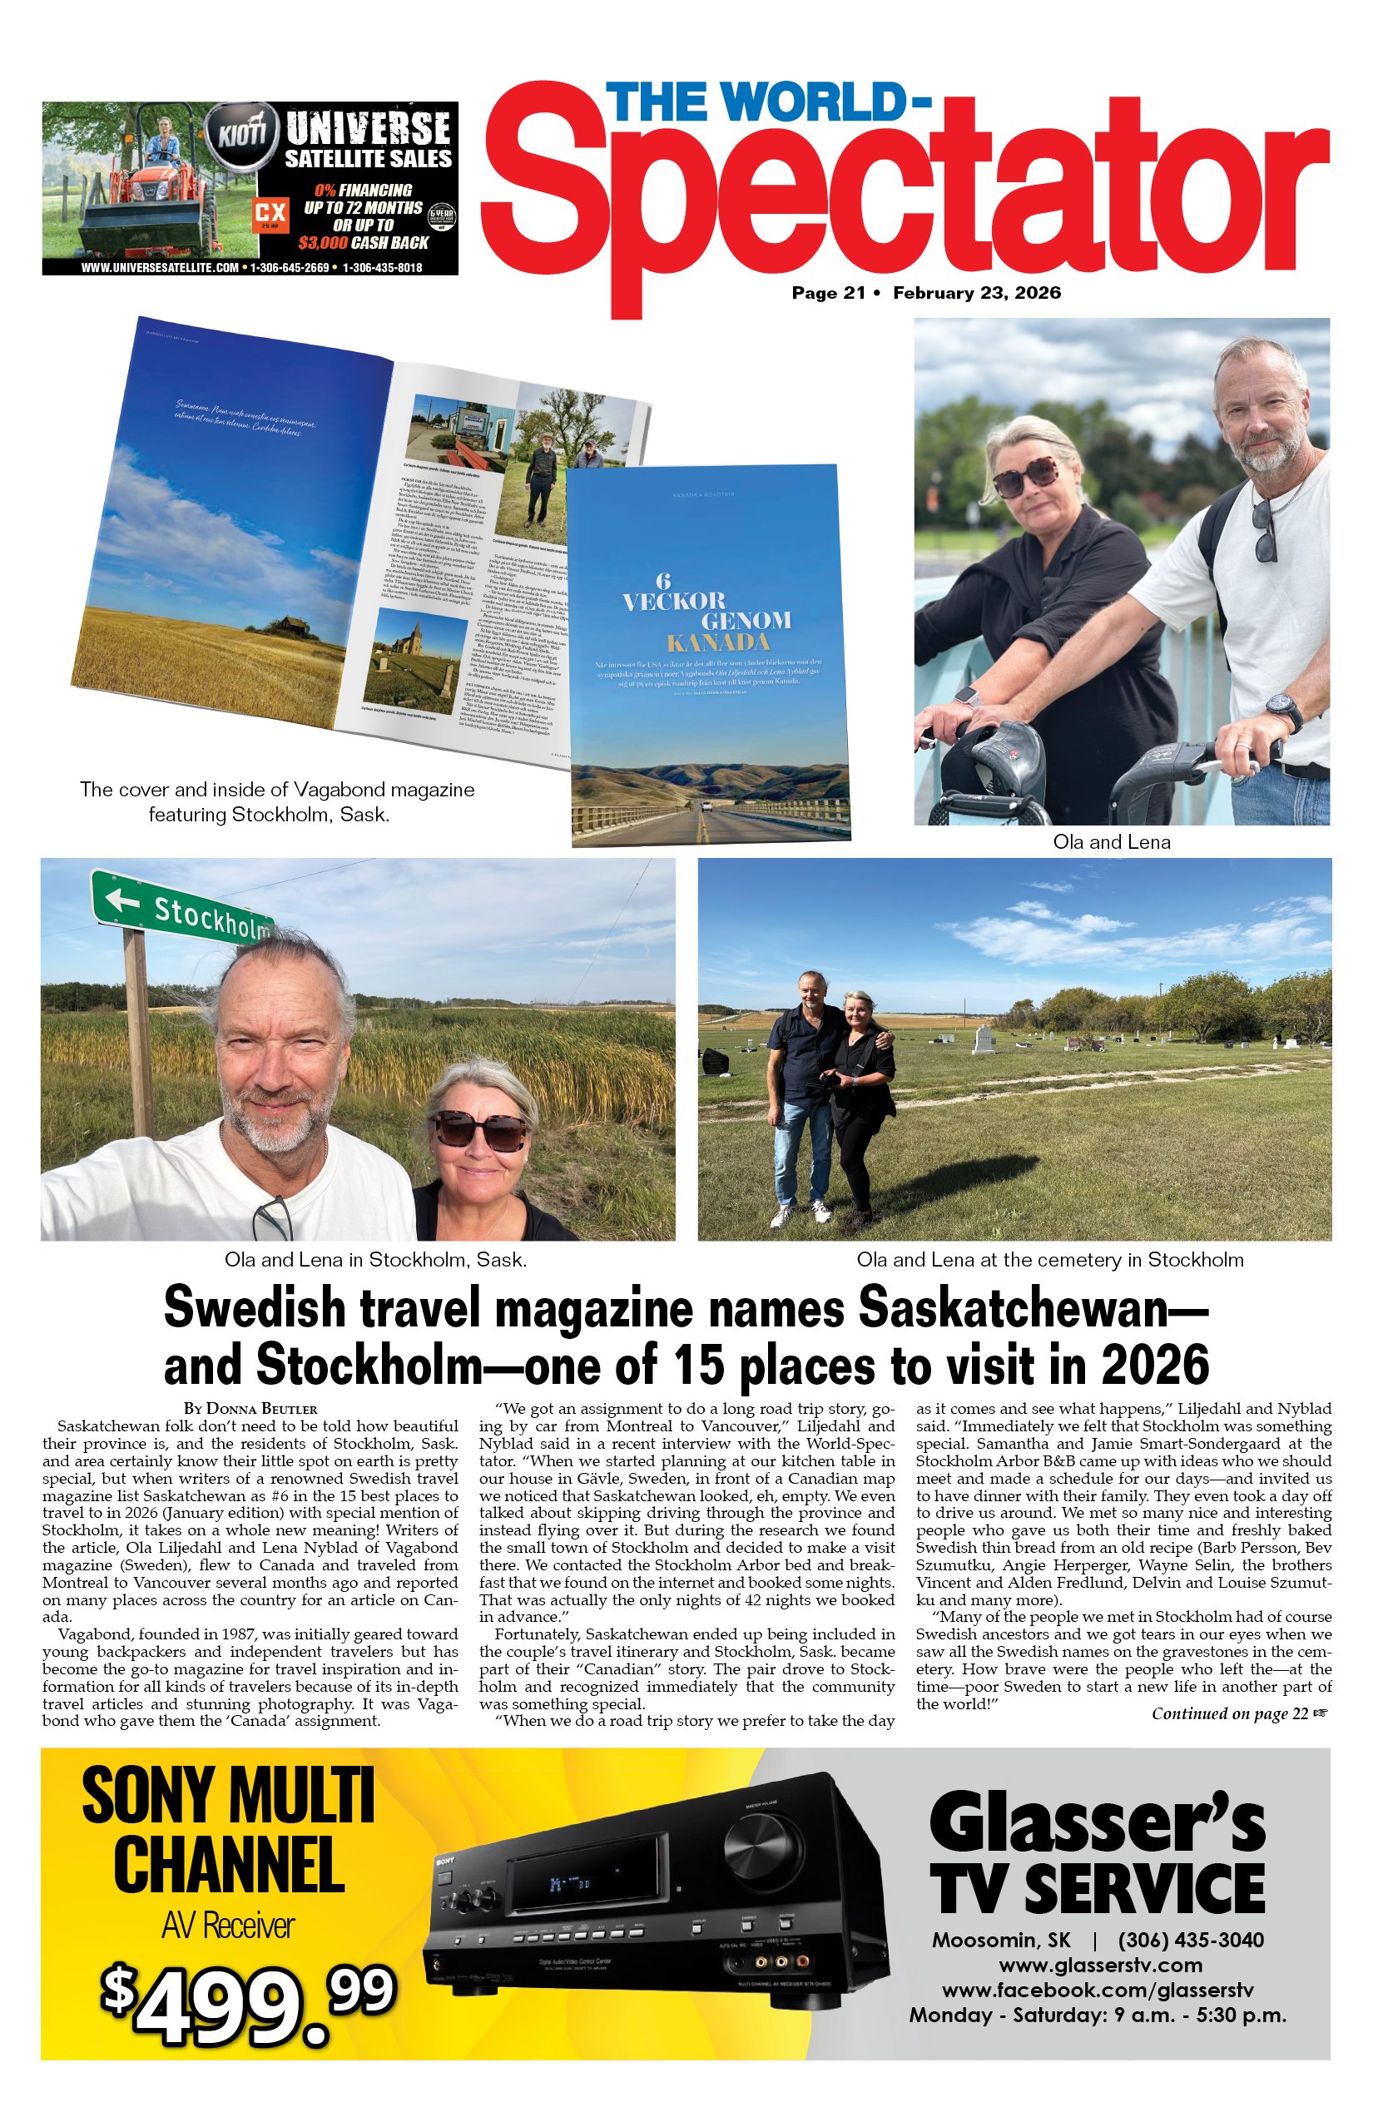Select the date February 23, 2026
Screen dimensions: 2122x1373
pos(976,292)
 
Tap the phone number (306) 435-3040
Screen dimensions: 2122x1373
pos(1190,1939)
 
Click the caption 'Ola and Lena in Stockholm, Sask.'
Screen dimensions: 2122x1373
pos(375,1260)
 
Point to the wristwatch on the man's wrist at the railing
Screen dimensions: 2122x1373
pos(1283,712)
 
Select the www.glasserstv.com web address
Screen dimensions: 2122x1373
pos(1100,1965)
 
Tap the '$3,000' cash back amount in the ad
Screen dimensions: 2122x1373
pos(323,242)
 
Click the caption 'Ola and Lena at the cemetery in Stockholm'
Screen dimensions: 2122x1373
pos(1049,1260)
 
